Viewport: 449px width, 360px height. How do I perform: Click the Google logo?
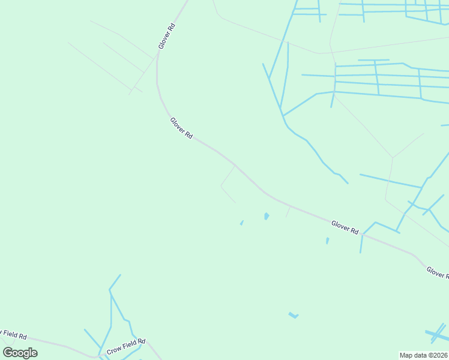tap(20, 353)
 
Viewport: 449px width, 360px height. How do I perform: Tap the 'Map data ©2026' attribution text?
tap(424, 355)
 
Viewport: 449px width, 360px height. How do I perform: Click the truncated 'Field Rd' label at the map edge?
tap(13, 334)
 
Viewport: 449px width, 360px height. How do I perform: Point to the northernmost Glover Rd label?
tap(166, 37)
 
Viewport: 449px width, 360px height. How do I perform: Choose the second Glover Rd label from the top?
tap(181, 128)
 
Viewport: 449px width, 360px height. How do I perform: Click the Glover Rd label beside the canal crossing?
tap(345, 227)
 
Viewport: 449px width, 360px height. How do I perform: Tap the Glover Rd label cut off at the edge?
tap(438, 272)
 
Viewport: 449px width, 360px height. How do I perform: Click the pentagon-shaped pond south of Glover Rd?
tap(266, 216)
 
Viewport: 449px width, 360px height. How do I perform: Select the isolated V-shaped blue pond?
tap(293, 315)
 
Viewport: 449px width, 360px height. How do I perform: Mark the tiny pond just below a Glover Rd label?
tap(327, 241)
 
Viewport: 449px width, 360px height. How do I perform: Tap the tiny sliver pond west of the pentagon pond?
tap(242, 223)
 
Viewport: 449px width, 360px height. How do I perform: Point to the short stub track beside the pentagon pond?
tap(288, 211)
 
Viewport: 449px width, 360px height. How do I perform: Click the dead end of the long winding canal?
tap(348, 183)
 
